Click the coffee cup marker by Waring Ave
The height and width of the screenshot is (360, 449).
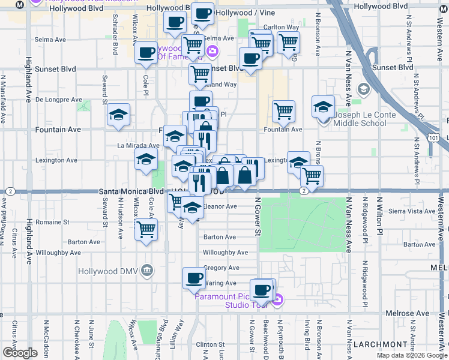pyautogui.click(x=194, y=277)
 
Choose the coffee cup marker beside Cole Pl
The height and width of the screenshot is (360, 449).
pyautogui.click(x=146, y=53)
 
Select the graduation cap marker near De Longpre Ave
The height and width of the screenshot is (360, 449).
pyautogui.click(x=118, y=114)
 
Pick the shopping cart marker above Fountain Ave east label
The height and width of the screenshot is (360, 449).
pyautogui.click(x=283, y=110)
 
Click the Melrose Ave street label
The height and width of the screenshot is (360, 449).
pyautogui.click(x=411, y=313)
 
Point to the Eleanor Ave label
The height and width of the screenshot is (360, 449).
pyautogui.click(x=220, y=206)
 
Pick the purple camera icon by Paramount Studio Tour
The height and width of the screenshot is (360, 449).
pyautogui.click(x=276, y=298)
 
